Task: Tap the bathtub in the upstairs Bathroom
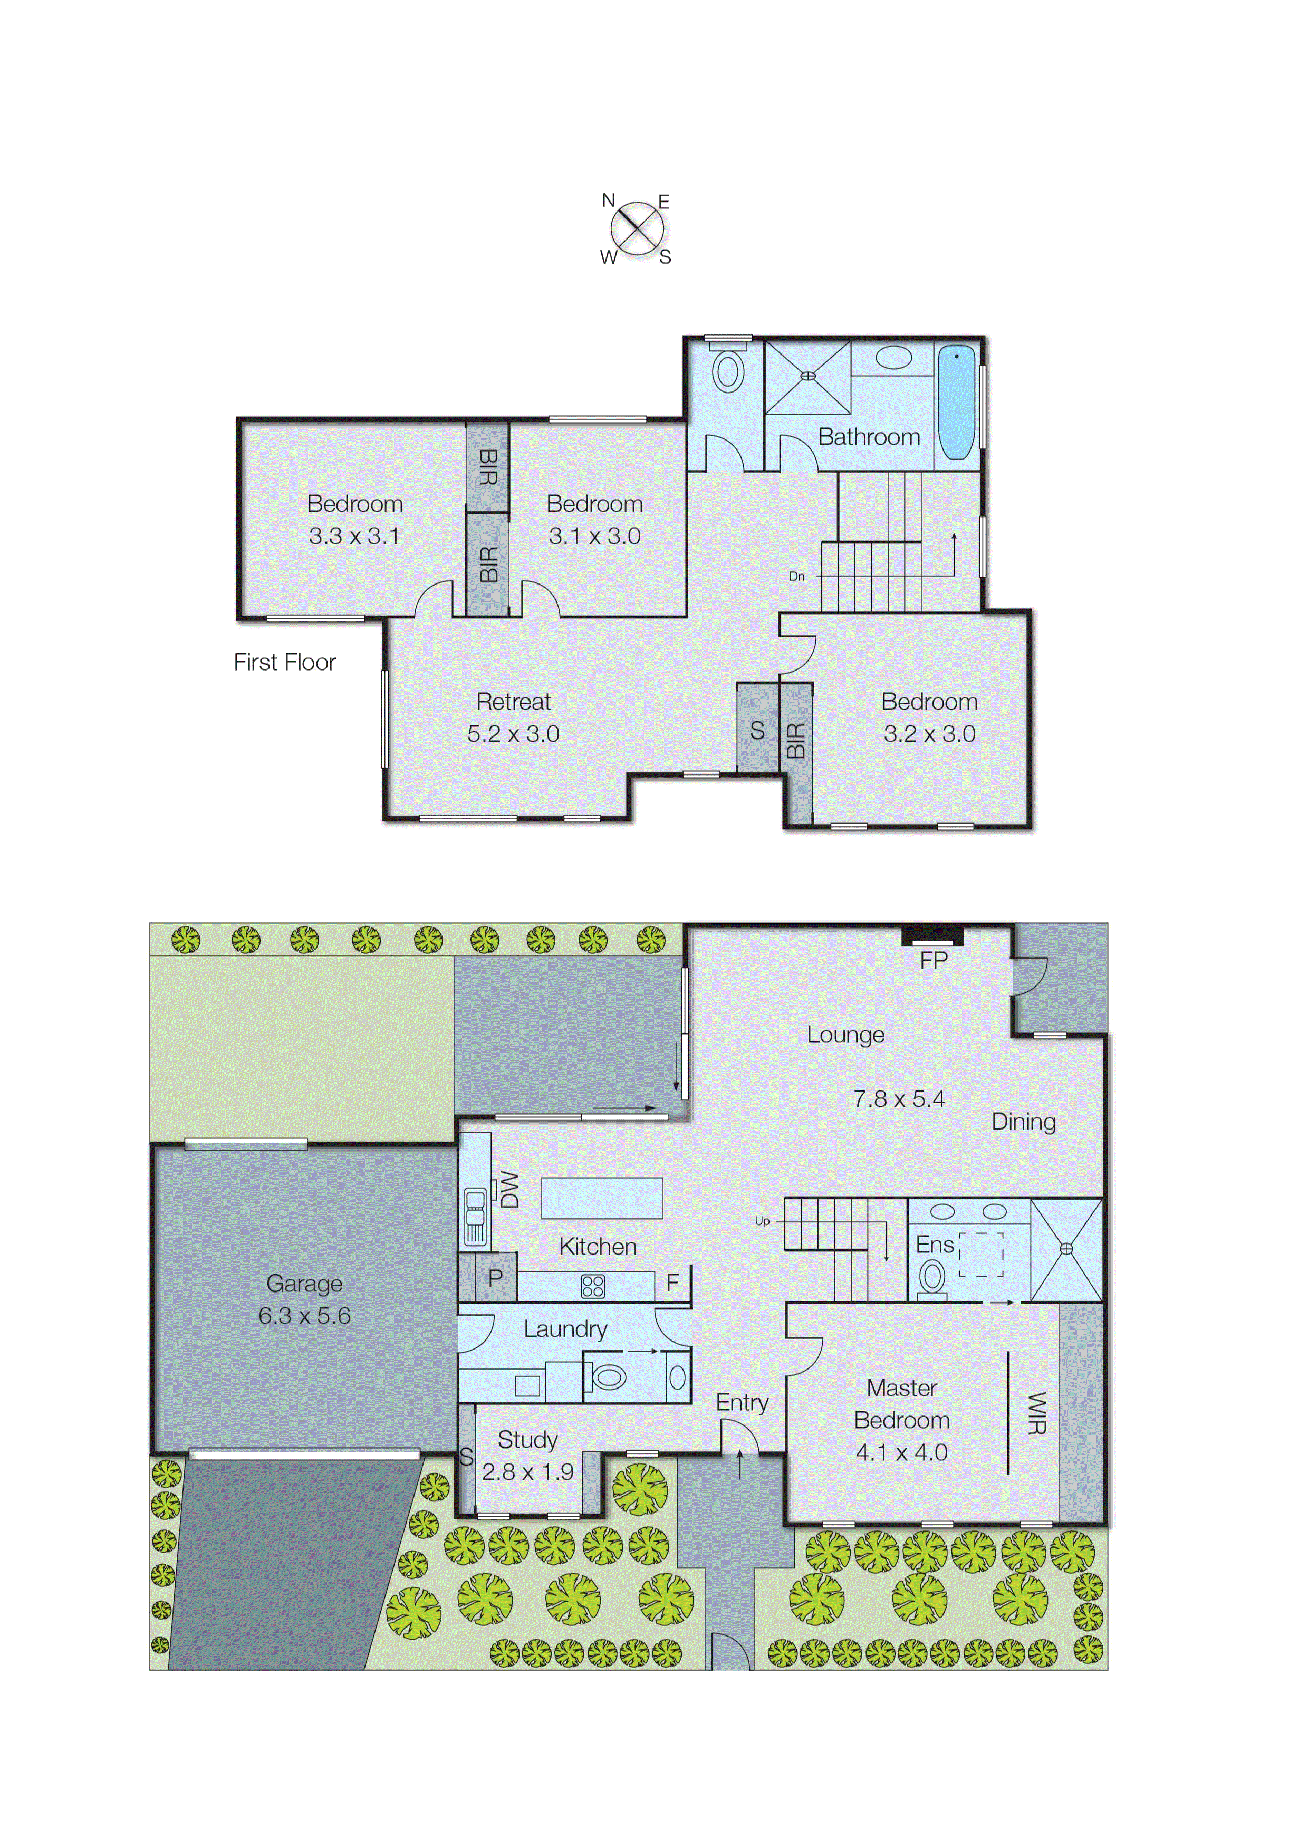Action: pyautogui.click(x=957, y=402)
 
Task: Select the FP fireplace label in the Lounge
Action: pyautogui.click(x=934, y=960)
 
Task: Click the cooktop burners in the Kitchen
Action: pyautogui.click(x=593, y=1286)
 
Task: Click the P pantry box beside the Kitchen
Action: pyautogui.click(x=495, y=1278)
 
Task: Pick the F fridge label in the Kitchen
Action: pyautogui.click(x=672, y=1283)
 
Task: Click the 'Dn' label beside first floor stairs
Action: pyautogui.click(x=796, y=576)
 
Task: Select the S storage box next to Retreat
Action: pyautogui.click(x=757, y=730)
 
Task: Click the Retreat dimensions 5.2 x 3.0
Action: pyautogui.click(x=513, y=734)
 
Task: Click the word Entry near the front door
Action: pyautogui.click(x=742, y=1402)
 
